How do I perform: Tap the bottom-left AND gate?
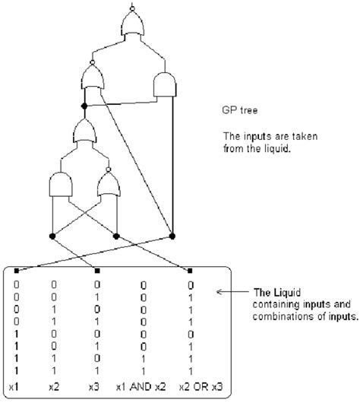[x=62, y=186]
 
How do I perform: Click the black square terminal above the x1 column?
[x=17, y=269]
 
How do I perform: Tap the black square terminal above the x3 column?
[x=97, y=269]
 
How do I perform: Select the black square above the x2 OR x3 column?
[x=190, y=269]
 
